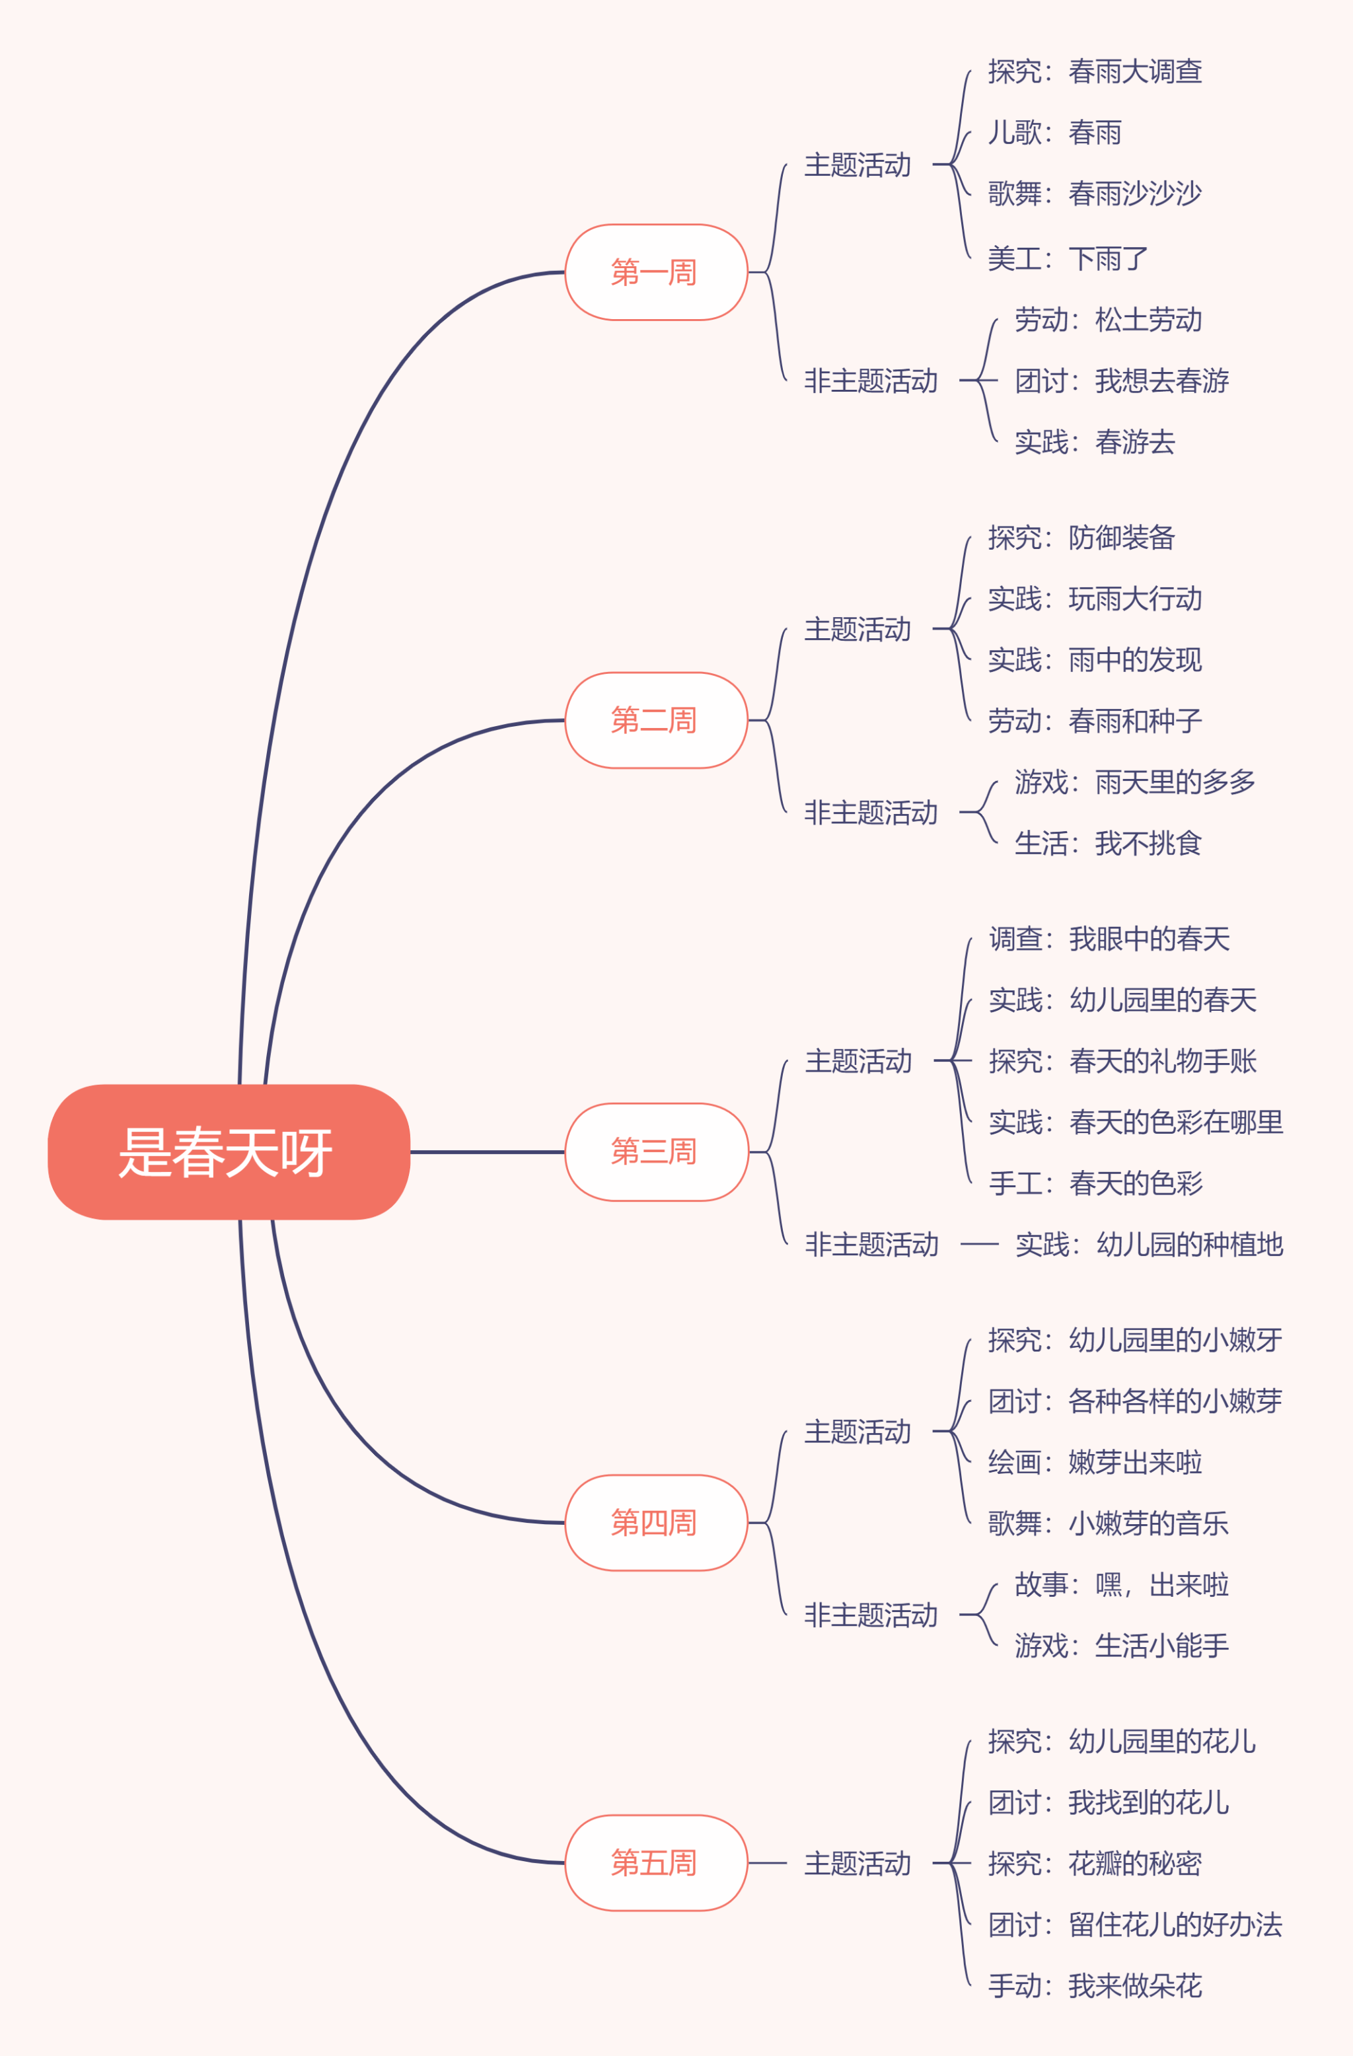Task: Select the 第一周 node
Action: coord(656,272)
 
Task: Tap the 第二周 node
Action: coord(656,719)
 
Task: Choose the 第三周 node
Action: coord(656,1152)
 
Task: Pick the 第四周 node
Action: coord(656,1522)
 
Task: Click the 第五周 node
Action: coord(656,1862)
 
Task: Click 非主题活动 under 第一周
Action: coord(871,380)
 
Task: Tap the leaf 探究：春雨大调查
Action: coord(1095,71)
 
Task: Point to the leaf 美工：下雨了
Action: coord(1068,258)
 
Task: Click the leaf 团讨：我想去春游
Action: coord(1122,380)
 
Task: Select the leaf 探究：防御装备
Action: coord(1081,537)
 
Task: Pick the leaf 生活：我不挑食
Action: coord(1109,842)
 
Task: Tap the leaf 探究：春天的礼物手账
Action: coord(1122,1060)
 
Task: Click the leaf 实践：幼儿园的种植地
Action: coord(1149,1244)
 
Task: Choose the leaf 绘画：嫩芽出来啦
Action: coord(1095,1461)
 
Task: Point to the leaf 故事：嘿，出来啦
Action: coord(1122,1584)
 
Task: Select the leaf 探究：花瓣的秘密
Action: coord(1095,1863)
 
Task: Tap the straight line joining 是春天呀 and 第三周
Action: coord(488,1152)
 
